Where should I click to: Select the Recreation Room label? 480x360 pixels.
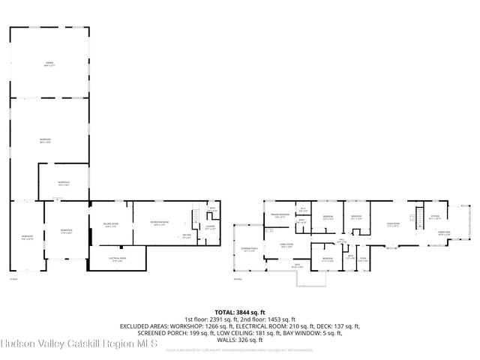click(x=159, y=223)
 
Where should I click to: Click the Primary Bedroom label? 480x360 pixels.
click(x=280, y=215)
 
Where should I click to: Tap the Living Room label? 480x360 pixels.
click(x=392, y=223)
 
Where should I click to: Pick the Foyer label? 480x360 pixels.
click(x=362, y=259)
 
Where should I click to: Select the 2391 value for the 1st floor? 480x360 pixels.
click(x=214, y=319)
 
